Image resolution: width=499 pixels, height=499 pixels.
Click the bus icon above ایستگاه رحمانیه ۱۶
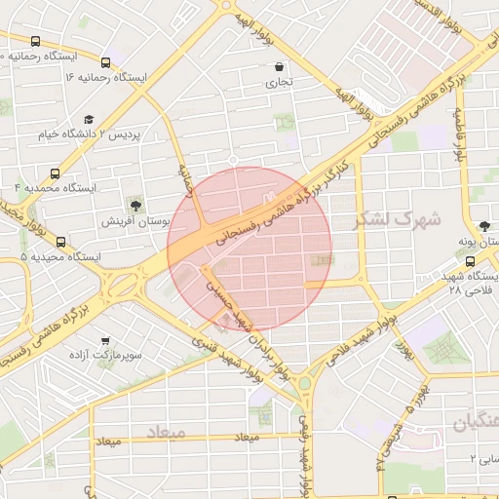coord(105,62)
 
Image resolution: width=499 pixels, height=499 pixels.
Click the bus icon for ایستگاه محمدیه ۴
coord(56,186)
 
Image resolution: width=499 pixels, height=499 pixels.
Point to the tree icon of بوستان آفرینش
coord(135,206)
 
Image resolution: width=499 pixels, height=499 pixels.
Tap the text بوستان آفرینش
coord(136,222)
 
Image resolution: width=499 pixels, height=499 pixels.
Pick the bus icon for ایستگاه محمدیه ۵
coord(60,242)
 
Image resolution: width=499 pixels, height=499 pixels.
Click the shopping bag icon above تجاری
coord(281,67)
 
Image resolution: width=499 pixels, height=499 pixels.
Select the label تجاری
coord(280,84)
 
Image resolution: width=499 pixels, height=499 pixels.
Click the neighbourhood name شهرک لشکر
coord(390,218)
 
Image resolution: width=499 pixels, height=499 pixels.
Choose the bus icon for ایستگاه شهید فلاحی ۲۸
coord(471,261)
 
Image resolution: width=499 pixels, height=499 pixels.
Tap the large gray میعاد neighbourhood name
coord(166,430)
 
